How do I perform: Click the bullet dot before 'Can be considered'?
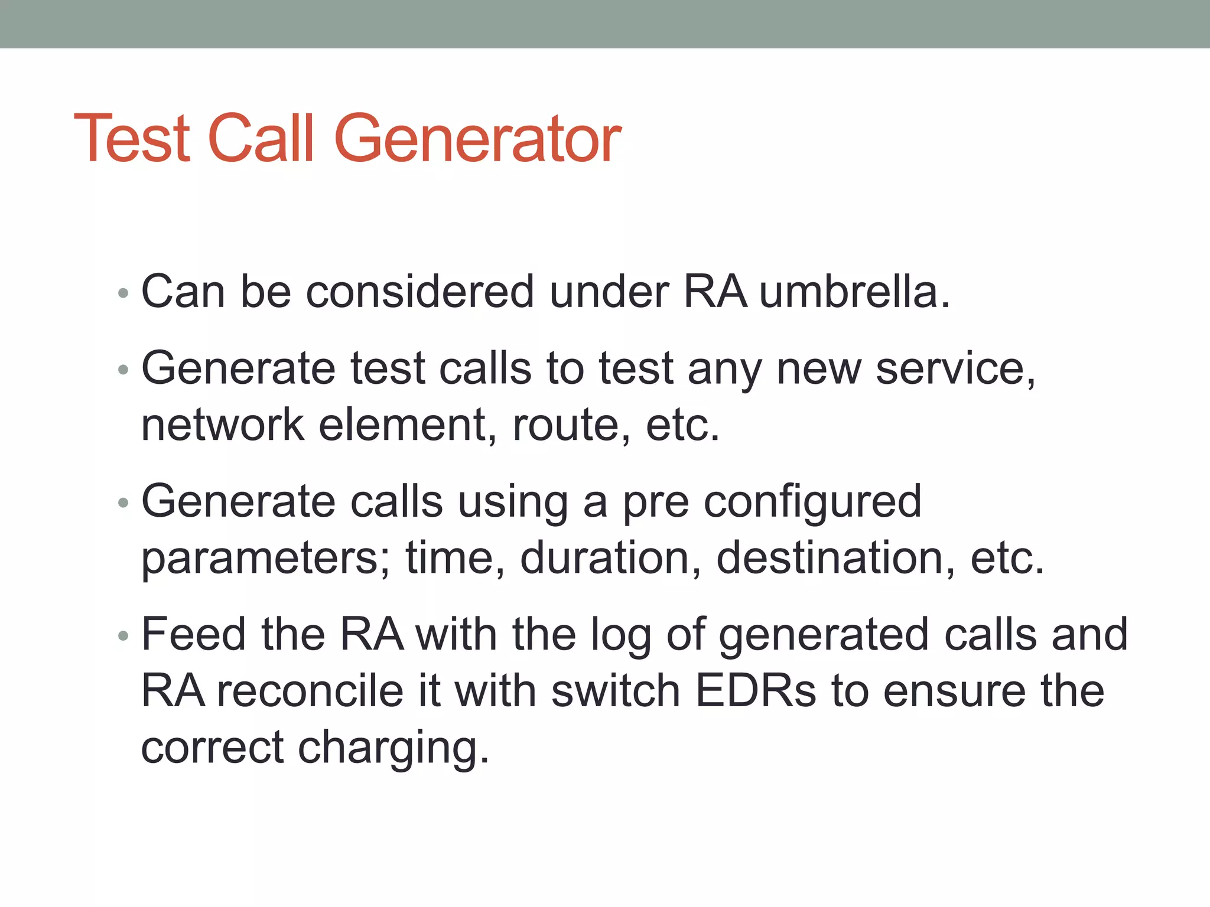tap(123, 293)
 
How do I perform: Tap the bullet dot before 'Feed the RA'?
tap(123, 636)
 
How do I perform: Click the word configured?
tap(812, 502)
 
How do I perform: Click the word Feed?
tap(194, 634)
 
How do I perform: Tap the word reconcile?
tap(310, 690)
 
